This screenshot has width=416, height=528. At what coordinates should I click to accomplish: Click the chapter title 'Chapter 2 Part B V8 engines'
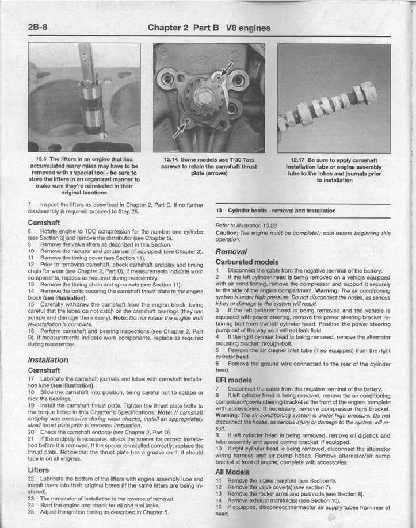pyautogui.click(x=208, y=28)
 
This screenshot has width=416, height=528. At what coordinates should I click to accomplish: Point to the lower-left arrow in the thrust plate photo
pyautogui.click(x=179, y=130)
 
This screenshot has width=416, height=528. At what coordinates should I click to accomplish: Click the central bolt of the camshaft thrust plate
pyautogui.click(x=204, y=97)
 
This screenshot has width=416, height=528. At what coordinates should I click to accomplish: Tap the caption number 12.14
pyautogui.click(x=171, y=160)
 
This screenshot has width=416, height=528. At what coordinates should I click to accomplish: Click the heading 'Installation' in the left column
pyautogui.click(x=48, y=360)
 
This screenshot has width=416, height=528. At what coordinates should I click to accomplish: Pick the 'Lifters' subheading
pyautogui.click(x=38, y=470)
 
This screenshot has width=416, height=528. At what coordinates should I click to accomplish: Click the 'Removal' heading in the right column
pyautogui.click(x=231, y=251)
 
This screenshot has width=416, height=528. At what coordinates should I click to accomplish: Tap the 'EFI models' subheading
pyautogui.click(x=233, y=380)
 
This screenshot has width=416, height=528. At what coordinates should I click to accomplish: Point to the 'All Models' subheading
pyautogui.click(x=233, y=472)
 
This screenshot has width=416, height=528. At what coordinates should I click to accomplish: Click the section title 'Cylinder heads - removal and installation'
pyautogui.click(x=281, y=211)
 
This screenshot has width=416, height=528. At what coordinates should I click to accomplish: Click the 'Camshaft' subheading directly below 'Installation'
pyautogui.click(x=44, y=370)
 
